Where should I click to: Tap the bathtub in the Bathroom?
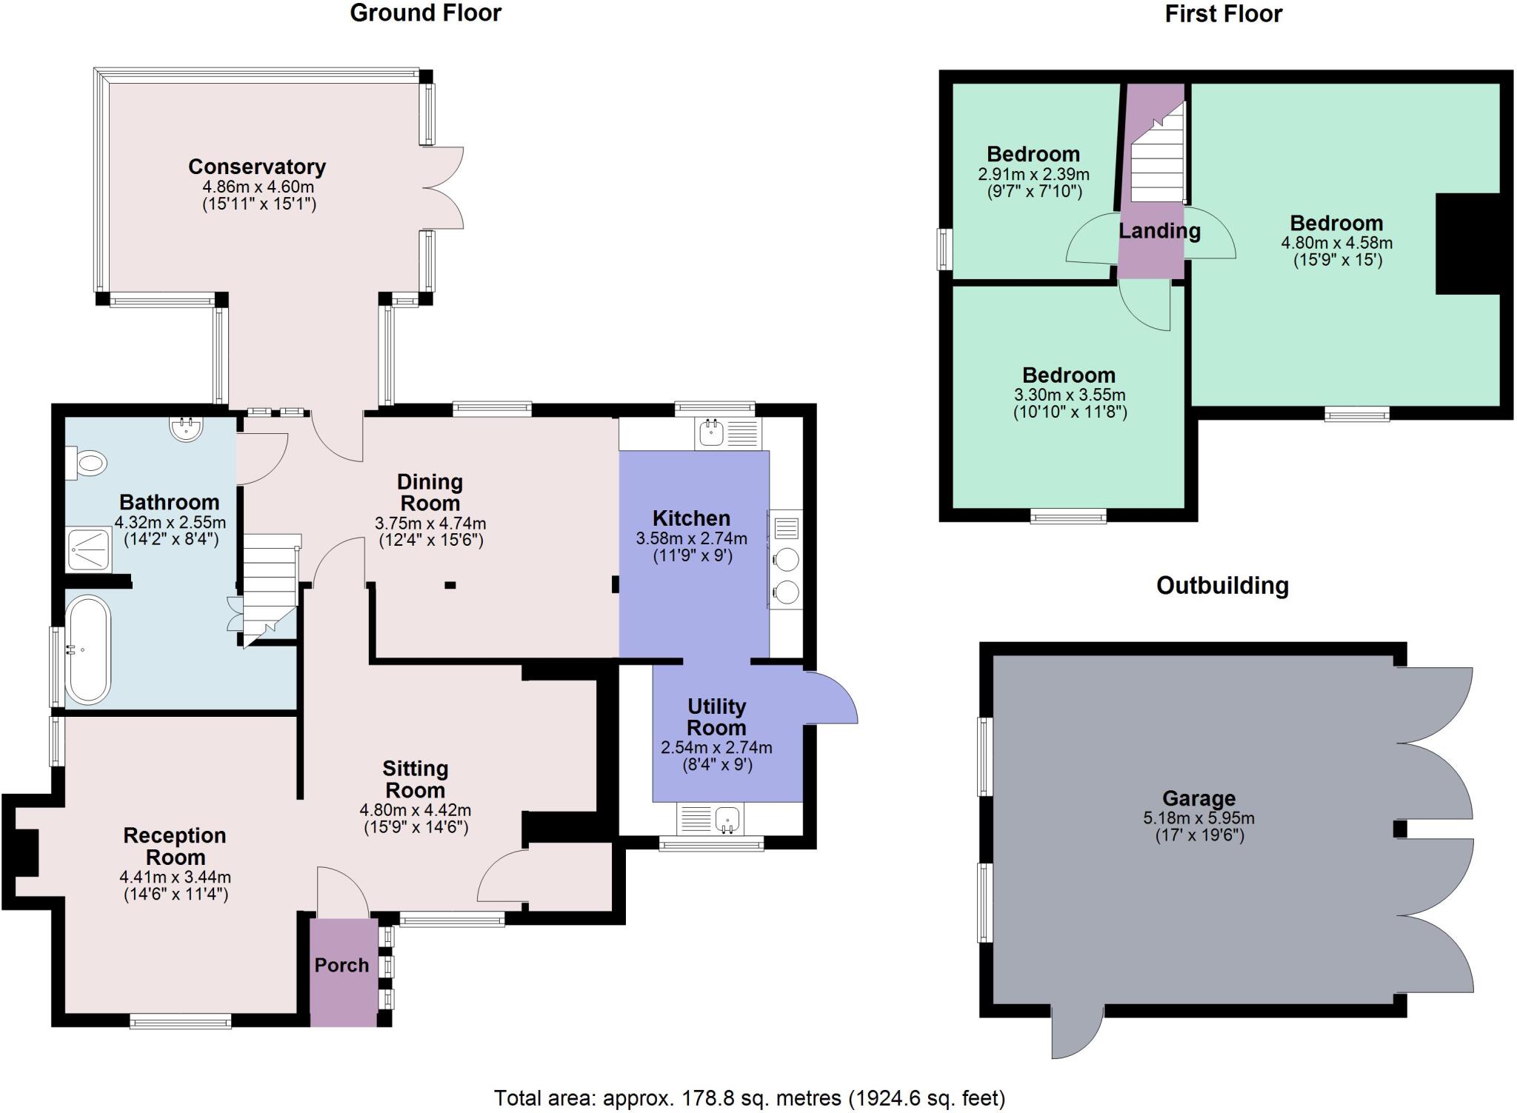(x=87, y=650)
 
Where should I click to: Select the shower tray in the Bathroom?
(x=89, y=549)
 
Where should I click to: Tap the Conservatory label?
(x=257, y=167)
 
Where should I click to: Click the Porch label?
(x=341, y=965)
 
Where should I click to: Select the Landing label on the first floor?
(x=1159, y=231)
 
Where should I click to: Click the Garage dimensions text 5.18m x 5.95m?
(x=1198, y=818)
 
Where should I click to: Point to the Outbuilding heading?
(x=1222, y=586)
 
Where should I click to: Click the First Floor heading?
(x=1223, y=13)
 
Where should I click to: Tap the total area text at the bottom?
(x=750, y=1097)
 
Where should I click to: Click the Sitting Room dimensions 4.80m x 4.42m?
(x=415, y=810)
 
